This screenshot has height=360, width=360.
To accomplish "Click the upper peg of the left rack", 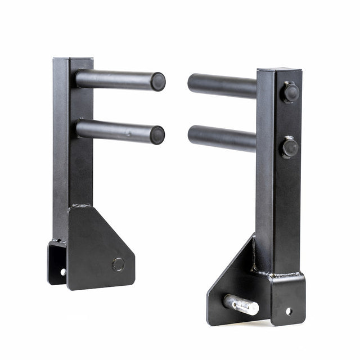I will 115,79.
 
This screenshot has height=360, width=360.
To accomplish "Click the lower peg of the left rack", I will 115,130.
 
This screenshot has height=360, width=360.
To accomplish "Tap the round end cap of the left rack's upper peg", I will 158,82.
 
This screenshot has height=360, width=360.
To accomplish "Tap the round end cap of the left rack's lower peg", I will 157,135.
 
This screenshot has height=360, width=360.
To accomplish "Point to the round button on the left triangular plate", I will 118,264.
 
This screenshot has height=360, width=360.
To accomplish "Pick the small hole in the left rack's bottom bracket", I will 63,272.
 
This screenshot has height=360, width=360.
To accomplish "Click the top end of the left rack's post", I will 73,58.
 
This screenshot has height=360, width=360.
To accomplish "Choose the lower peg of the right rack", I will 222,138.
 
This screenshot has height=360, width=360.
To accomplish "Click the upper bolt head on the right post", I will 290,92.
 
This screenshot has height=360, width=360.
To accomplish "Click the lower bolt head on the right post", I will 290,147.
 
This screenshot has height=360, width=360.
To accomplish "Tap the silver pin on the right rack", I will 242,305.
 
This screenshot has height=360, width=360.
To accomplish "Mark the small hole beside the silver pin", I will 289,310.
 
